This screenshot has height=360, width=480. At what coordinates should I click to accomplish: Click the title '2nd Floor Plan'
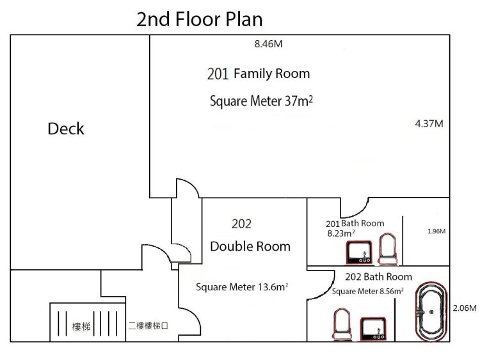[x=199, y=19]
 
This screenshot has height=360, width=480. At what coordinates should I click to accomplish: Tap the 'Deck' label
[x=66, y=129]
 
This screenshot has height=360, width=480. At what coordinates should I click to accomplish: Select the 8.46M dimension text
[x=268, y=44]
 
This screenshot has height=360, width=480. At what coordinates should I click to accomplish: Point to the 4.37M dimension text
[x=429, y=123]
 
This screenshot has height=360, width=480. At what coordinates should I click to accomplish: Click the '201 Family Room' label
[x=259, y=74]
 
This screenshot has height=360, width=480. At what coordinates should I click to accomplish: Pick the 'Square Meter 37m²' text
[x=261, y=101]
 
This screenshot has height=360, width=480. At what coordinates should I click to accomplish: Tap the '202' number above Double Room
[x=241, y=224]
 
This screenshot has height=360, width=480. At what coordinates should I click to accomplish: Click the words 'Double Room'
[x=250, y=247]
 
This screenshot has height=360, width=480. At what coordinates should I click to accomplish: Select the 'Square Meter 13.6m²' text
[x=242, y=287]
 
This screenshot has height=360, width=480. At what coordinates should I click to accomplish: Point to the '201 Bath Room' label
[x=355, y=224]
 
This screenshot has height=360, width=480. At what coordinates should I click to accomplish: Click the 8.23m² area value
[x=341, y=233]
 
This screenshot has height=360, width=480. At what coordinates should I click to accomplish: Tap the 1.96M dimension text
[x=436, y=231]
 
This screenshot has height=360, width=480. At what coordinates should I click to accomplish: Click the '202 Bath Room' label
[x=379, y=277]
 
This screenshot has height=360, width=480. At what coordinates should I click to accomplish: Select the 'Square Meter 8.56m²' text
[x=367, y=291]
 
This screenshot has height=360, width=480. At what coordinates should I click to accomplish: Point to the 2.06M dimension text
[x=465, y=308]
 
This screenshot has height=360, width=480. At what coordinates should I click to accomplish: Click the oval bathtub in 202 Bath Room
[x=431, y=311]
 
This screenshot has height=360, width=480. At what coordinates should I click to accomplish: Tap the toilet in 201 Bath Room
[x=388, y=249]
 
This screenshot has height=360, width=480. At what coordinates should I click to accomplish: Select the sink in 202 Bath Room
[x=373, y=329]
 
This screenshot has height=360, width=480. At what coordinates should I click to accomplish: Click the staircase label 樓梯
[x=81, y=327]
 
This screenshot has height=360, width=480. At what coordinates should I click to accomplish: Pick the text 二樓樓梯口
[x=148, y=325]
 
